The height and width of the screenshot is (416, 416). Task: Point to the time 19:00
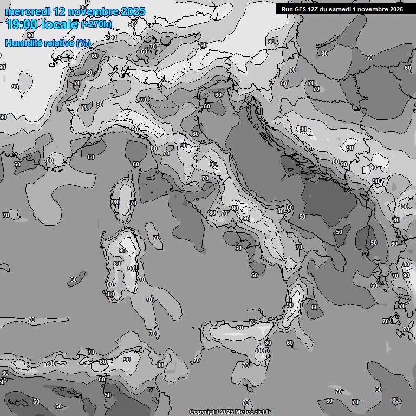pos(22,25)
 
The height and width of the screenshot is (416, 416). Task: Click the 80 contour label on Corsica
pos(116,202)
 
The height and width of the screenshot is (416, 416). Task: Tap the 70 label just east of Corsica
pos(133,203)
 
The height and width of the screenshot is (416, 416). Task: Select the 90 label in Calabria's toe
pos(290,305)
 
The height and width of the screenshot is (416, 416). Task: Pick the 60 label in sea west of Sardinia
pos(74,280)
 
